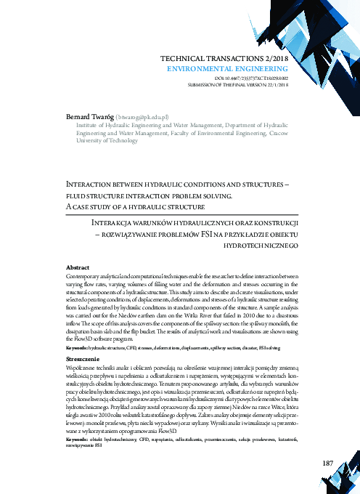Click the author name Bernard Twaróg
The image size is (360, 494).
(x=90, y=116)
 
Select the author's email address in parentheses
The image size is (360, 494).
(x=143, y=116)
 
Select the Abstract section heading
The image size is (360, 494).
(x=77, y=267)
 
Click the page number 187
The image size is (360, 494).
(x=326, y=442)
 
